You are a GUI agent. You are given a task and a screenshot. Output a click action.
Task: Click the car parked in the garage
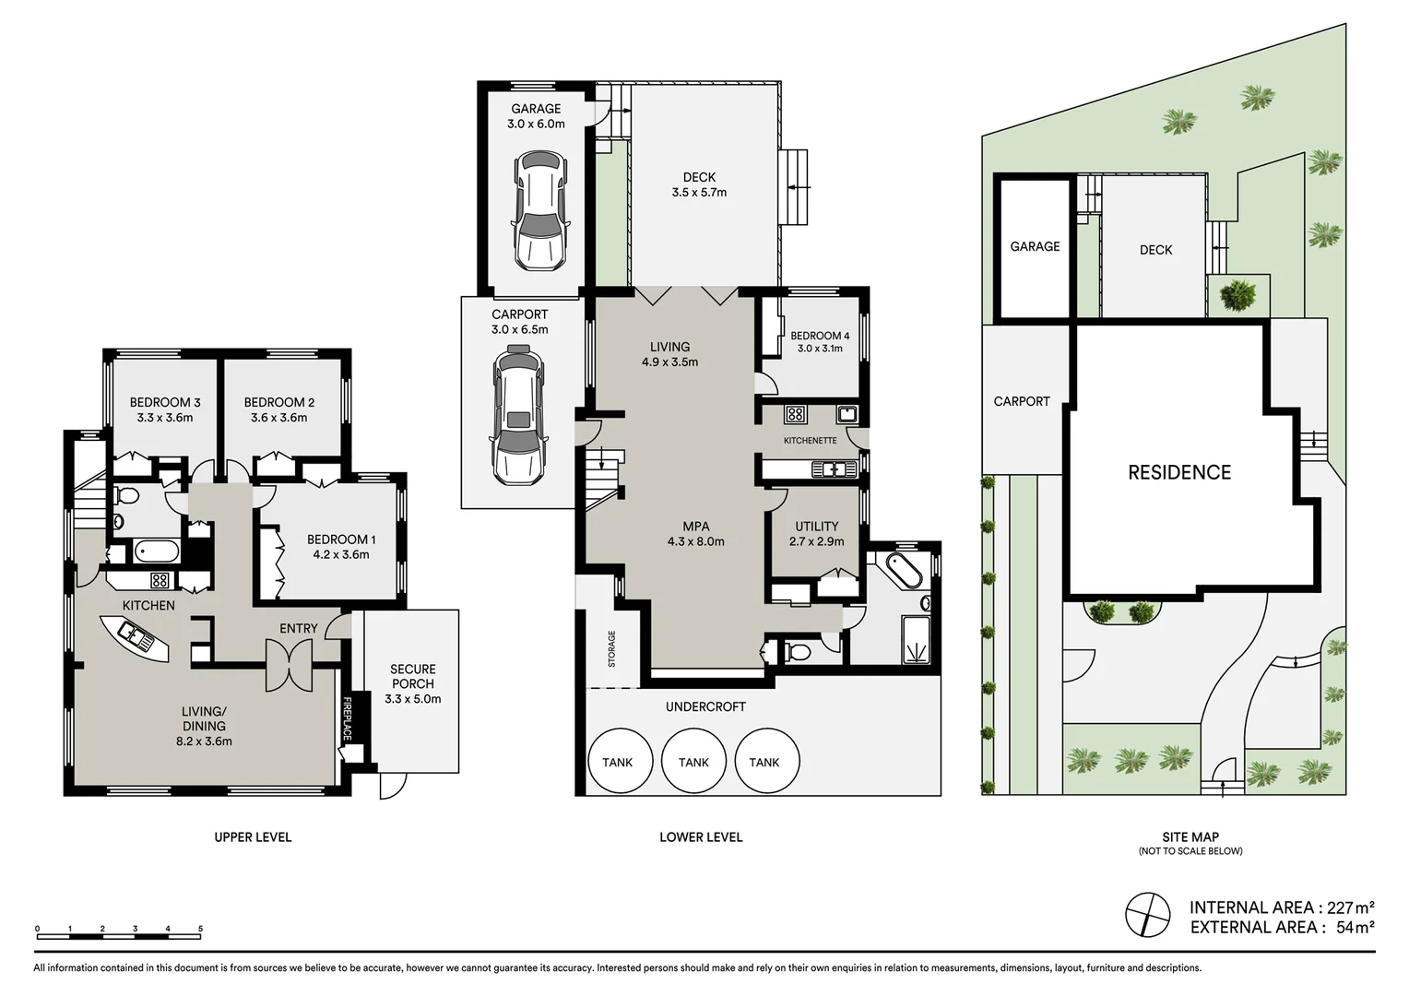coord(539,211)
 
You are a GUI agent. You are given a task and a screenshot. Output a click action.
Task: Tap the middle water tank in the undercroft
coord(693,761)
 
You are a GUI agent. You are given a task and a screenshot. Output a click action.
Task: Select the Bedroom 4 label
coord(819,336)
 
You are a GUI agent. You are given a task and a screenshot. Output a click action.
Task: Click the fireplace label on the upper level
coord(348,718)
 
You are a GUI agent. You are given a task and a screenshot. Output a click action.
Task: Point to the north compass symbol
coord(1147,916)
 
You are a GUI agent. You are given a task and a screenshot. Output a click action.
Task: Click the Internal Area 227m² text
coord(1281,907)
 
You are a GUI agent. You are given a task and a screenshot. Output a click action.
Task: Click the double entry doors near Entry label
coord(290,665)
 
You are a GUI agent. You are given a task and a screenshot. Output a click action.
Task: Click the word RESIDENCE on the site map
coord(1178,472)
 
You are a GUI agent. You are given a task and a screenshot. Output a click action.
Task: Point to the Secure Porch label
coord(412,676)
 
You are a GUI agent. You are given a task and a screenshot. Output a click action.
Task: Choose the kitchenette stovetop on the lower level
coord(795,414)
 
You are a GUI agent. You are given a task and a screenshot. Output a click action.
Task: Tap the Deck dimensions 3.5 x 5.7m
coord(699,193)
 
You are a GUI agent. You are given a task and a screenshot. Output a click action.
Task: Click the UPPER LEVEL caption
coord(253,837)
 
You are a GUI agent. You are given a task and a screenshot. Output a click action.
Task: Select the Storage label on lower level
coord(611,648)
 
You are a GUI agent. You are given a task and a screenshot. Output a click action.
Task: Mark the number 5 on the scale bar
coord(200,929)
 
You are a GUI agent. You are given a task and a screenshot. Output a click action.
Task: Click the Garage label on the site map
coord(1035,246)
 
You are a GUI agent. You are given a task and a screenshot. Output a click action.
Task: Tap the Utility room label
coord(816,527)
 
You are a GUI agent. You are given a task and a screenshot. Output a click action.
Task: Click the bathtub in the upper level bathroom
coord(157,551)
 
